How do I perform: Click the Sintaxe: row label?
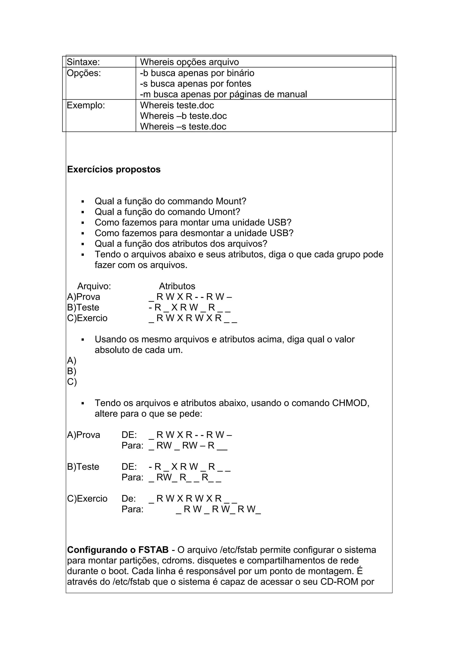click(83, 62)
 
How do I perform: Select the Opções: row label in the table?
click(84, 73)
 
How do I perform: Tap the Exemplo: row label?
click(86, 105)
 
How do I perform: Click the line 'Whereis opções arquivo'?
click(189, 62)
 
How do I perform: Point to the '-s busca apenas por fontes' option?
click(195, 84)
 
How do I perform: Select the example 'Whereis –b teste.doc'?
click(183, 116)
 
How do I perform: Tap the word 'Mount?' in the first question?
click(231, 201)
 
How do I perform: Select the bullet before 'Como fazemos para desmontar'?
click(83, 233)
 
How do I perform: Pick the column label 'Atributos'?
click(177, 286)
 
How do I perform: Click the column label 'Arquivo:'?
click(94, 286)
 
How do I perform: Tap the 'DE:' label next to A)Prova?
click(129, 435)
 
